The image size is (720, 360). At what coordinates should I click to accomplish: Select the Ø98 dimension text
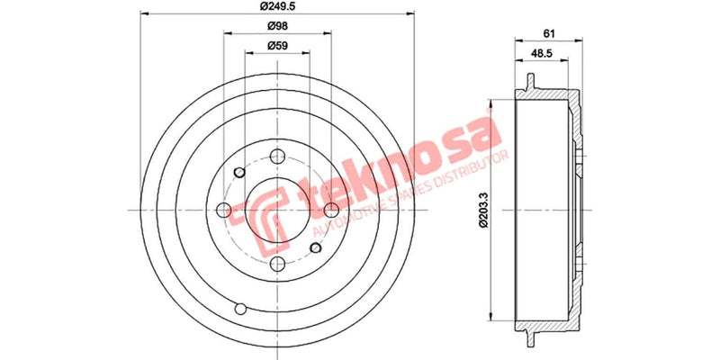click(x=277, y=26)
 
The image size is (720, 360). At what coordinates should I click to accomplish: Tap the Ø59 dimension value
click(x=277, y=45)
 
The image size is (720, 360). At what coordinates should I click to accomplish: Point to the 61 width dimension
click(x=547, y=33)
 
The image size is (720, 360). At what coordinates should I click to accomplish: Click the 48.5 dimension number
click(x=542, y=55)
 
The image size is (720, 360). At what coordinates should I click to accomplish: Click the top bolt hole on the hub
click(x=278, y=156)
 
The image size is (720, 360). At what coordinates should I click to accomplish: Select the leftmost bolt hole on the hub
click(x=224, y=210)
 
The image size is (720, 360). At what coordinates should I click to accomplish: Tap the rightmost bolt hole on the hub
click(x=332, y=210)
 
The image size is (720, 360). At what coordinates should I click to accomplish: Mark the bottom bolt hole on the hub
click(x=278, y=264)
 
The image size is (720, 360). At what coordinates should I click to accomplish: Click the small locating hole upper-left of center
click(x=239, y=173)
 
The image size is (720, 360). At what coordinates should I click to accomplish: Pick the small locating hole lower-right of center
click(x=316, y=247)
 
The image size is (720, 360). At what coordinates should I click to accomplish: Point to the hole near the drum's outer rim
click(x=238, y=309)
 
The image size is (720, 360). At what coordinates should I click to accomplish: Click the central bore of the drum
click(x=278, y=210)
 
